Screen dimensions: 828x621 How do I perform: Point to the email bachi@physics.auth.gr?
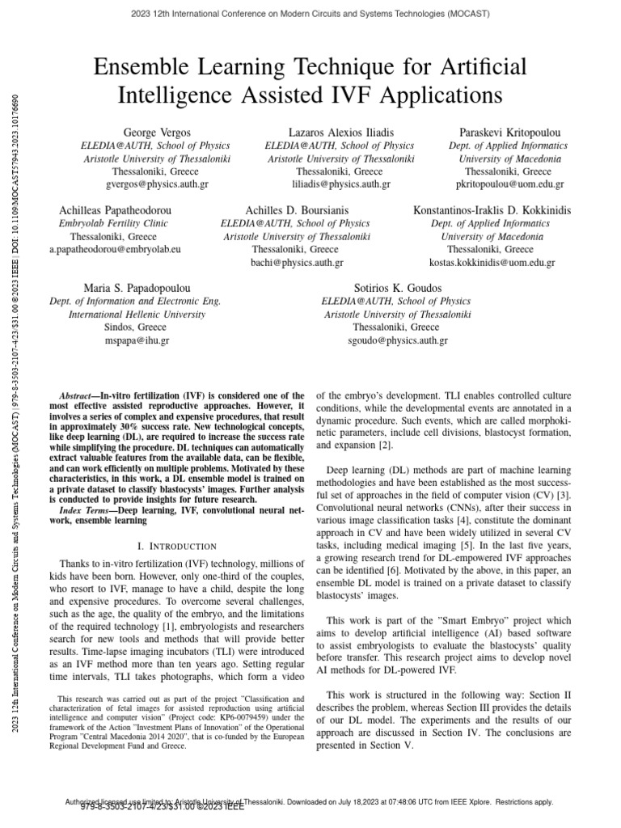[297, 263]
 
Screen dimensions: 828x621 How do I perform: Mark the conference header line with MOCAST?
[310, 15]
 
